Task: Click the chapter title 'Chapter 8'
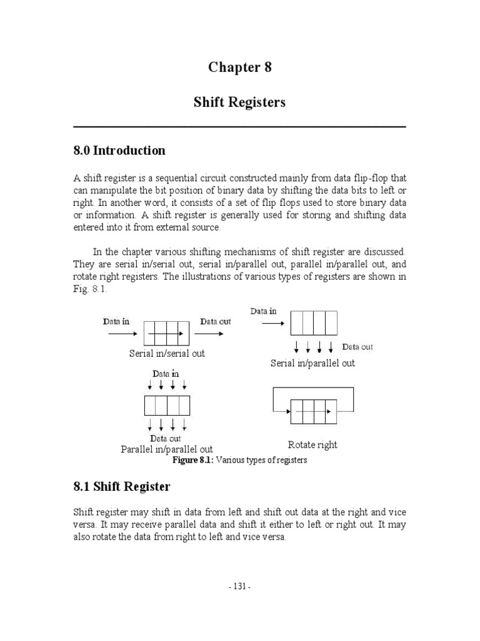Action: [x=240, y=68]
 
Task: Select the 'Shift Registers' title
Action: [x=240, y=102]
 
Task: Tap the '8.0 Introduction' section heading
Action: [x=119, y=150]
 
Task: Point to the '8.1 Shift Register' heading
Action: [x=122, y=486]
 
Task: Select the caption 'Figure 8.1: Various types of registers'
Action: [x=240, y=460]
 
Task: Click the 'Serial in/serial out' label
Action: [x=167, y=353]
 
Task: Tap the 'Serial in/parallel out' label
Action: [x=312, y=363]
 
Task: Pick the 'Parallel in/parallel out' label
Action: [x=167, y=449]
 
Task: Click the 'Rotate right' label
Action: [x=312, y=444]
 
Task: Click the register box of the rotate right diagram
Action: [x=312, y=413]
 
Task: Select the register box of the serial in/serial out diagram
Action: [x=166, y=334]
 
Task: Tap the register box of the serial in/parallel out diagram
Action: [x=313, y=323]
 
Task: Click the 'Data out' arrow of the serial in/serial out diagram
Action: [x=212, y=334]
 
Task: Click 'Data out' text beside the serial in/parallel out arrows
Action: [x=357, y=347]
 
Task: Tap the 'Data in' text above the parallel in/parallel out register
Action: [x=166, y=374]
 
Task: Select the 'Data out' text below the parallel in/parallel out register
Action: [x=166, y=439]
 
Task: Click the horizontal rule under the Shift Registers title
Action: [x=240, y=127]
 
